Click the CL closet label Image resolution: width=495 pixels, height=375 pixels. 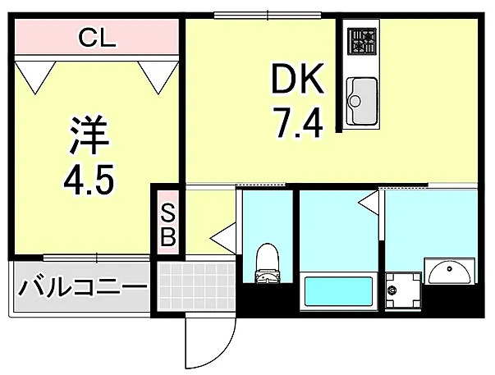tap(97, 38)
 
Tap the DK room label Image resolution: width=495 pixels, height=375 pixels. tap(298, 78)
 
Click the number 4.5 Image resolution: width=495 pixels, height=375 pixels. tap(88, 181)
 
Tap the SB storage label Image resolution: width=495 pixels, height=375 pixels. tap(168, 226)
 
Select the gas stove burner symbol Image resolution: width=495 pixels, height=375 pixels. tap(362, 40)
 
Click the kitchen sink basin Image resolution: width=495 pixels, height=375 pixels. tap(362, 101)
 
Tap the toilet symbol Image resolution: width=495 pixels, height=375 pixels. tap(268, 263)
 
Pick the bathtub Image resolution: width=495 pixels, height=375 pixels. tap(338, 290)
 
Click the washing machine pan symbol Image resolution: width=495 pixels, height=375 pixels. tap(403, 290)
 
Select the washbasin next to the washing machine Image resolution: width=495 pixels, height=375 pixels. tap(450, 271)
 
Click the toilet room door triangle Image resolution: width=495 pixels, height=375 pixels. tap(223, 238)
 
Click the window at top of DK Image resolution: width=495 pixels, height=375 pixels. tap(268, 15)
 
